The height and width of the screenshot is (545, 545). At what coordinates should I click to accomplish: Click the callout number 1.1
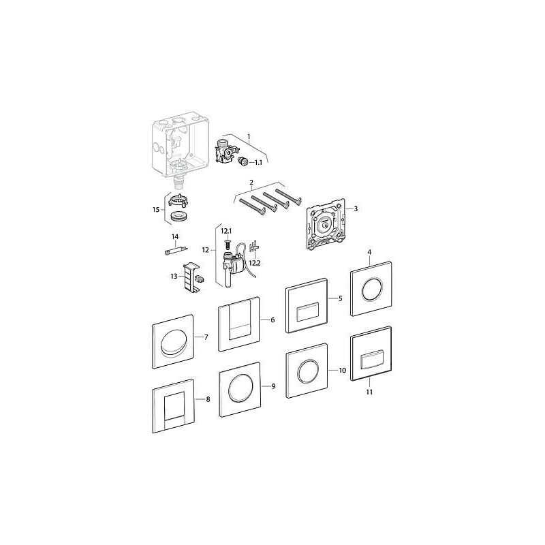(258, 163)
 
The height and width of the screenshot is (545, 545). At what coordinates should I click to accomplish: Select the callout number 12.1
(226, 231)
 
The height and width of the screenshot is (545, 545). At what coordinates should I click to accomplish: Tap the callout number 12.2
(255, 263)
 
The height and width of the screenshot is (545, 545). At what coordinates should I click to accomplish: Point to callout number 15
(156, 210)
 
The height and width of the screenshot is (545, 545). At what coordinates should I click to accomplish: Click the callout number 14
(175, 236)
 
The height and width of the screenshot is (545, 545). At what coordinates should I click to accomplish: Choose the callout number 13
(174, 277)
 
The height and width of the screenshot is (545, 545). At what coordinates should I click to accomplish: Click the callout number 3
(356, 209)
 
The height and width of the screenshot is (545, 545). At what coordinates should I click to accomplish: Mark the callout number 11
(369, 392)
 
